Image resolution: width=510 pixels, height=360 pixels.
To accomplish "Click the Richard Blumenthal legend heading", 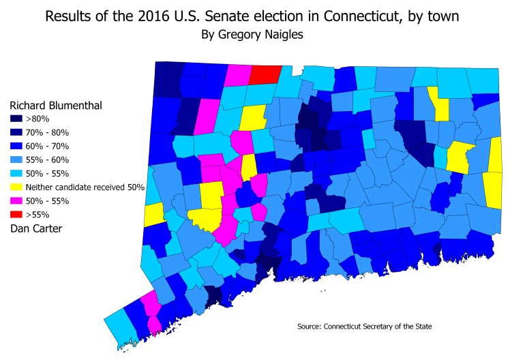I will point(56,106).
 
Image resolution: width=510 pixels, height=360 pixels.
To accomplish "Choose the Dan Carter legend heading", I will point(34,228).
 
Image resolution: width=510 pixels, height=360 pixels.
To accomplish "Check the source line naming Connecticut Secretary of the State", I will point(365,327).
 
